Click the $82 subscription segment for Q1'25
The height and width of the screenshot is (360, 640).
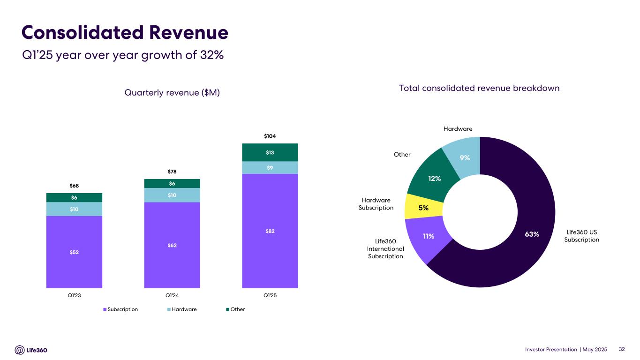270,231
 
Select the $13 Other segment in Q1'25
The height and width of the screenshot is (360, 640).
270,152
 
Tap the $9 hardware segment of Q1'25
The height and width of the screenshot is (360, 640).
270,167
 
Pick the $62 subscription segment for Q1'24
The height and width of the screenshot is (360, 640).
172,245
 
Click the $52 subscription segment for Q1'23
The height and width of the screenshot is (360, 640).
74,252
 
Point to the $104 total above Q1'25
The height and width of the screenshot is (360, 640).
270,136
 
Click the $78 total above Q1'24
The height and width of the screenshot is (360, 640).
172,172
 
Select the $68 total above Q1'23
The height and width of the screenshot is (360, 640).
74,186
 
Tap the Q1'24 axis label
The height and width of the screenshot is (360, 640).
172,296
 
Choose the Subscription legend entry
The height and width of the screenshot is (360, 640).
120,309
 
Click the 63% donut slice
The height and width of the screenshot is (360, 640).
532,234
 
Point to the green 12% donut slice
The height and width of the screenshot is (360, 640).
434,178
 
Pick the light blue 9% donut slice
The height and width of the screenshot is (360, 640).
464,158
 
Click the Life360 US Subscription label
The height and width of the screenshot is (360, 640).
581,236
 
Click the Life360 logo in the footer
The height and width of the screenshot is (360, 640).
31,350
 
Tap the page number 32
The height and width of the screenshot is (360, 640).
622,349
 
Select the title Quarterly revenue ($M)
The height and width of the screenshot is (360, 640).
172,93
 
